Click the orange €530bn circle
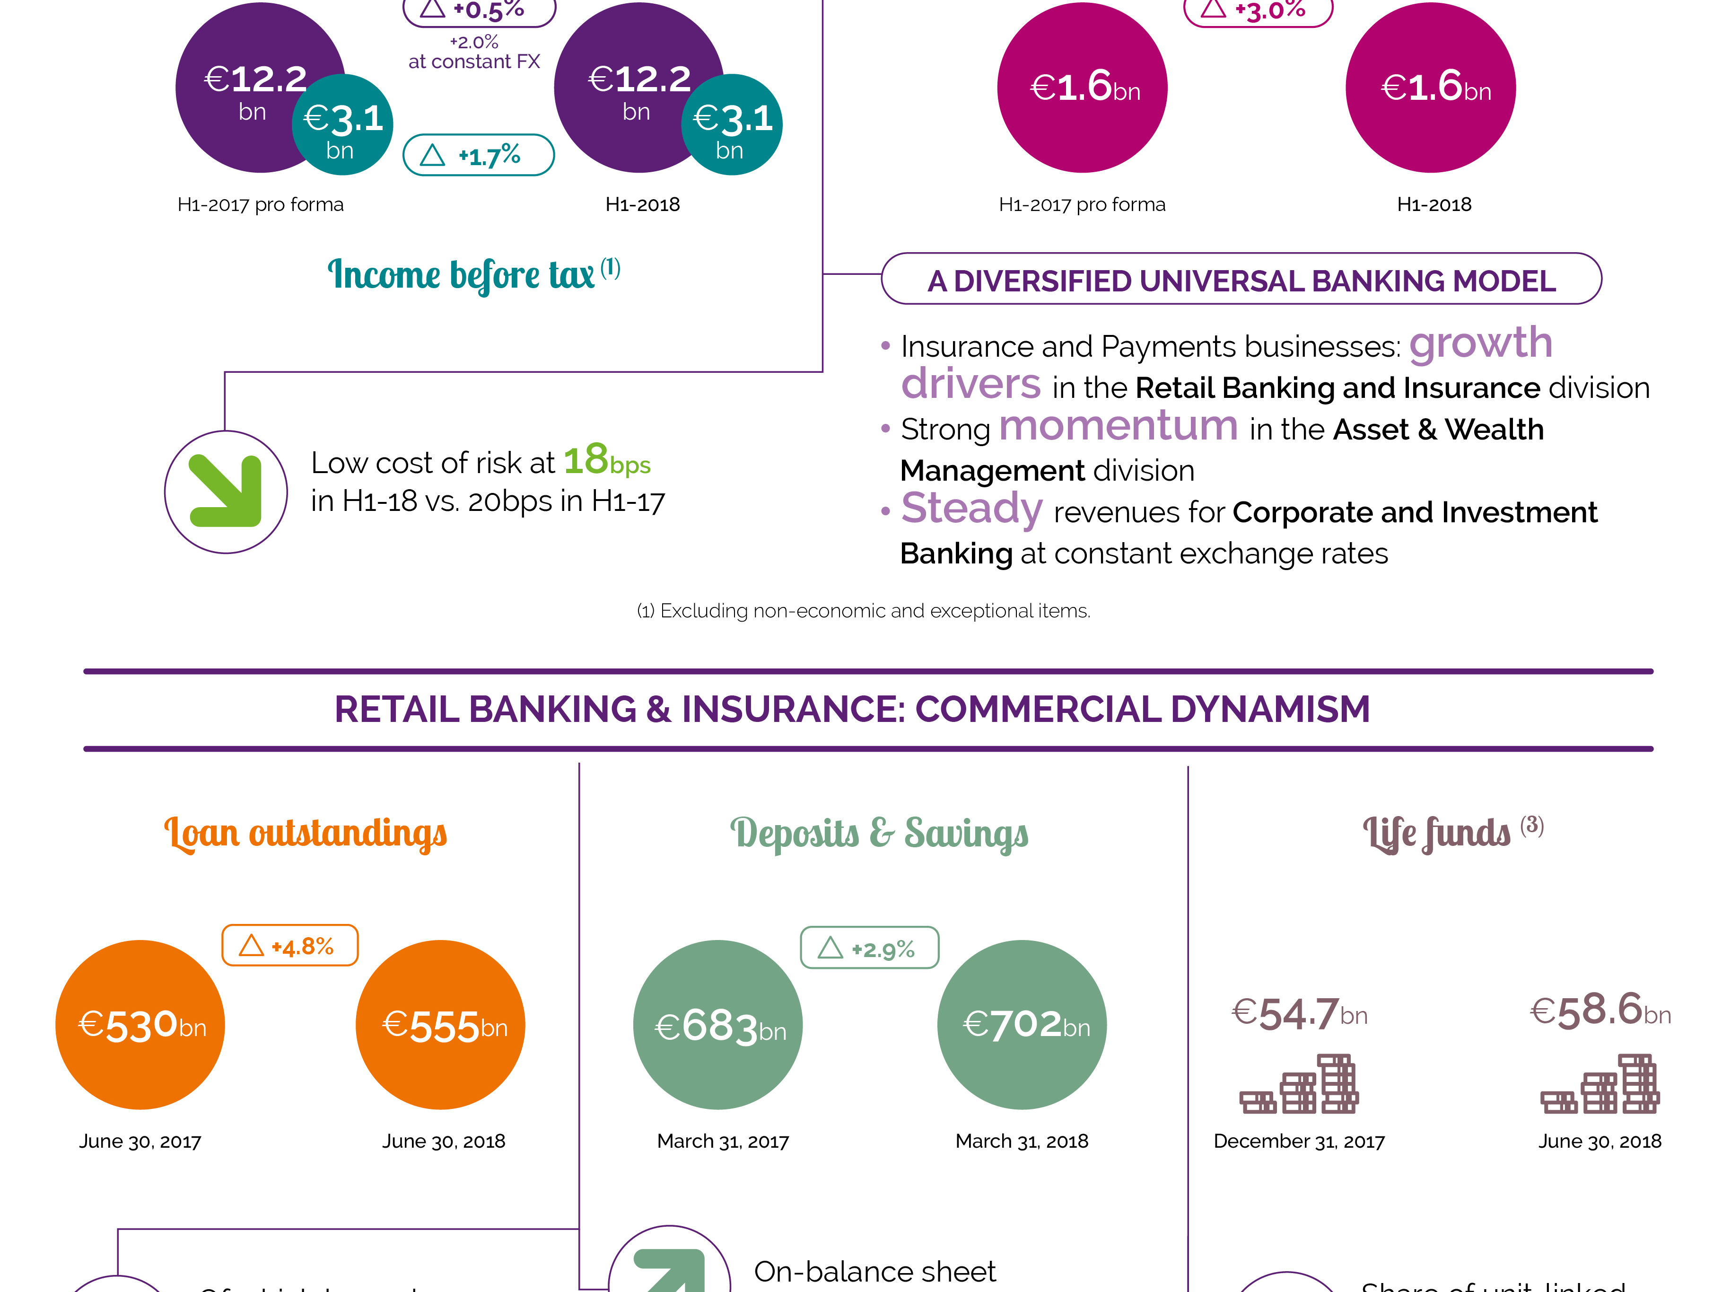pos(141,1025)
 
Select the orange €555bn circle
pos(440,1025)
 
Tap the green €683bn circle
pos(718,1025)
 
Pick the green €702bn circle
pos(1022,1025)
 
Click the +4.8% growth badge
pos(290,946)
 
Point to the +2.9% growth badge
pos(869,949)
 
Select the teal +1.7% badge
pos(479,155)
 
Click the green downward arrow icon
pos(226,491)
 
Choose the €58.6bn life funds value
pos(1600,1011)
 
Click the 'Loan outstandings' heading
pos(306,833)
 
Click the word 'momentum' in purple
pos(1118,426)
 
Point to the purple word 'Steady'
pos(972,509)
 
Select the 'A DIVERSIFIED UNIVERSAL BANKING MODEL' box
pos(1241,279)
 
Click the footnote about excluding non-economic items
pos(863,611)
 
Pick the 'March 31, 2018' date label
pos(1022,1141)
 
